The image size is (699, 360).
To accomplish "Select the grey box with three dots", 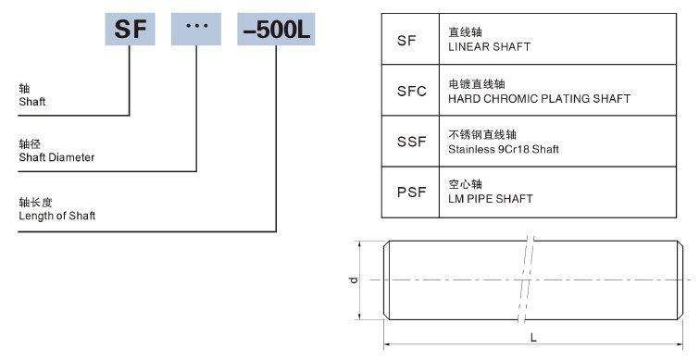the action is (x=196, y=31).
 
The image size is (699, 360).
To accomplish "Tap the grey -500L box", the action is (x=276, y=31).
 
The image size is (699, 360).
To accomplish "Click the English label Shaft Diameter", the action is (x=56, y=157).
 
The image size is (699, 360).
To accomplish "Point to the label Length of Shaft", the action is (x=56, y=216).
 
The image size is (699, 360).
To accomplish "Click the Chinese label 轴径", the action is (x=30, y=144).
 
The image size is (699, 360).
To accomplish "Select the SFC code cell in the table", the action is (x=410, y=91).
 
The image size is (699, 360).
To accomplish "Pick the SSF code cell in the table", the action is (x=410, y=142).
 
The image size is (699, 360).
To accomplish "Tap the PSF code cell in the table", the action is (x=410, y=192).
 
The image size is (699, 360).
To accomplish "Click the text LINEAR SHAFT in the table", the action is (x=489, y=46).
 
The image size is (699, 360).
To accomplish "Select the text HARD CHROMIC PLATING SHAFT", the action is (x=539, y=98).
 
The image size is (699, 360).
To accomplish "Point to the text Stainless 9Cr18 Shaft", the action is (x=504, y=148).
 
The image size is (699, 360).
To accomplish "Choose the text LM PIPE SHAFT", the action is (x=491, y=198).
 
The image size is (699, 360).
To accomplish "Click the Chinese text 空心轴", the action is (x=466, y=184).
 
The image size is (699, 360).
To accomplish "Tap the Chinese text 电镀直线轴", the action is (x=472, y=83).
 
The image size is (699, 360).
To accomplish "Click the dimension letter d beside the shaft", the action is (x=354, y=279).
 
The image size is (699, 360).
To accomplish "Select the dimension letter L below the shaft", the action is (x=534, y=337).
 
